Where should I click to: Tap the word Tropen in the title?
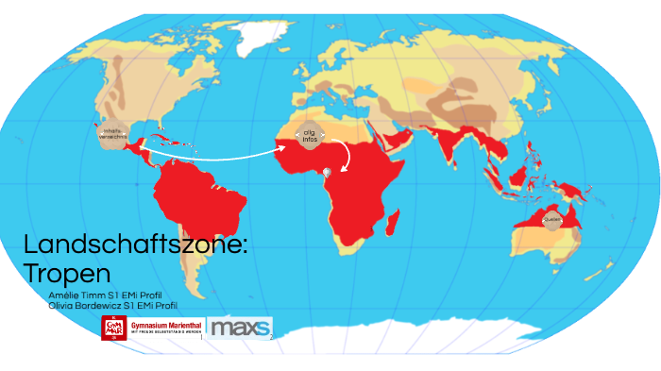click(x=67, y=273)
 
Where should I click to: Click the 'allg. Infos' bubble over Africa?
click(x=309, y=136)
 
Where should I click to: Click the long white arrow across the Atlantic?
click(x=217, y=153)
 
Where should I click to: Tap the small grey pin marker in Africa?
click(x=328, y=172)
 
